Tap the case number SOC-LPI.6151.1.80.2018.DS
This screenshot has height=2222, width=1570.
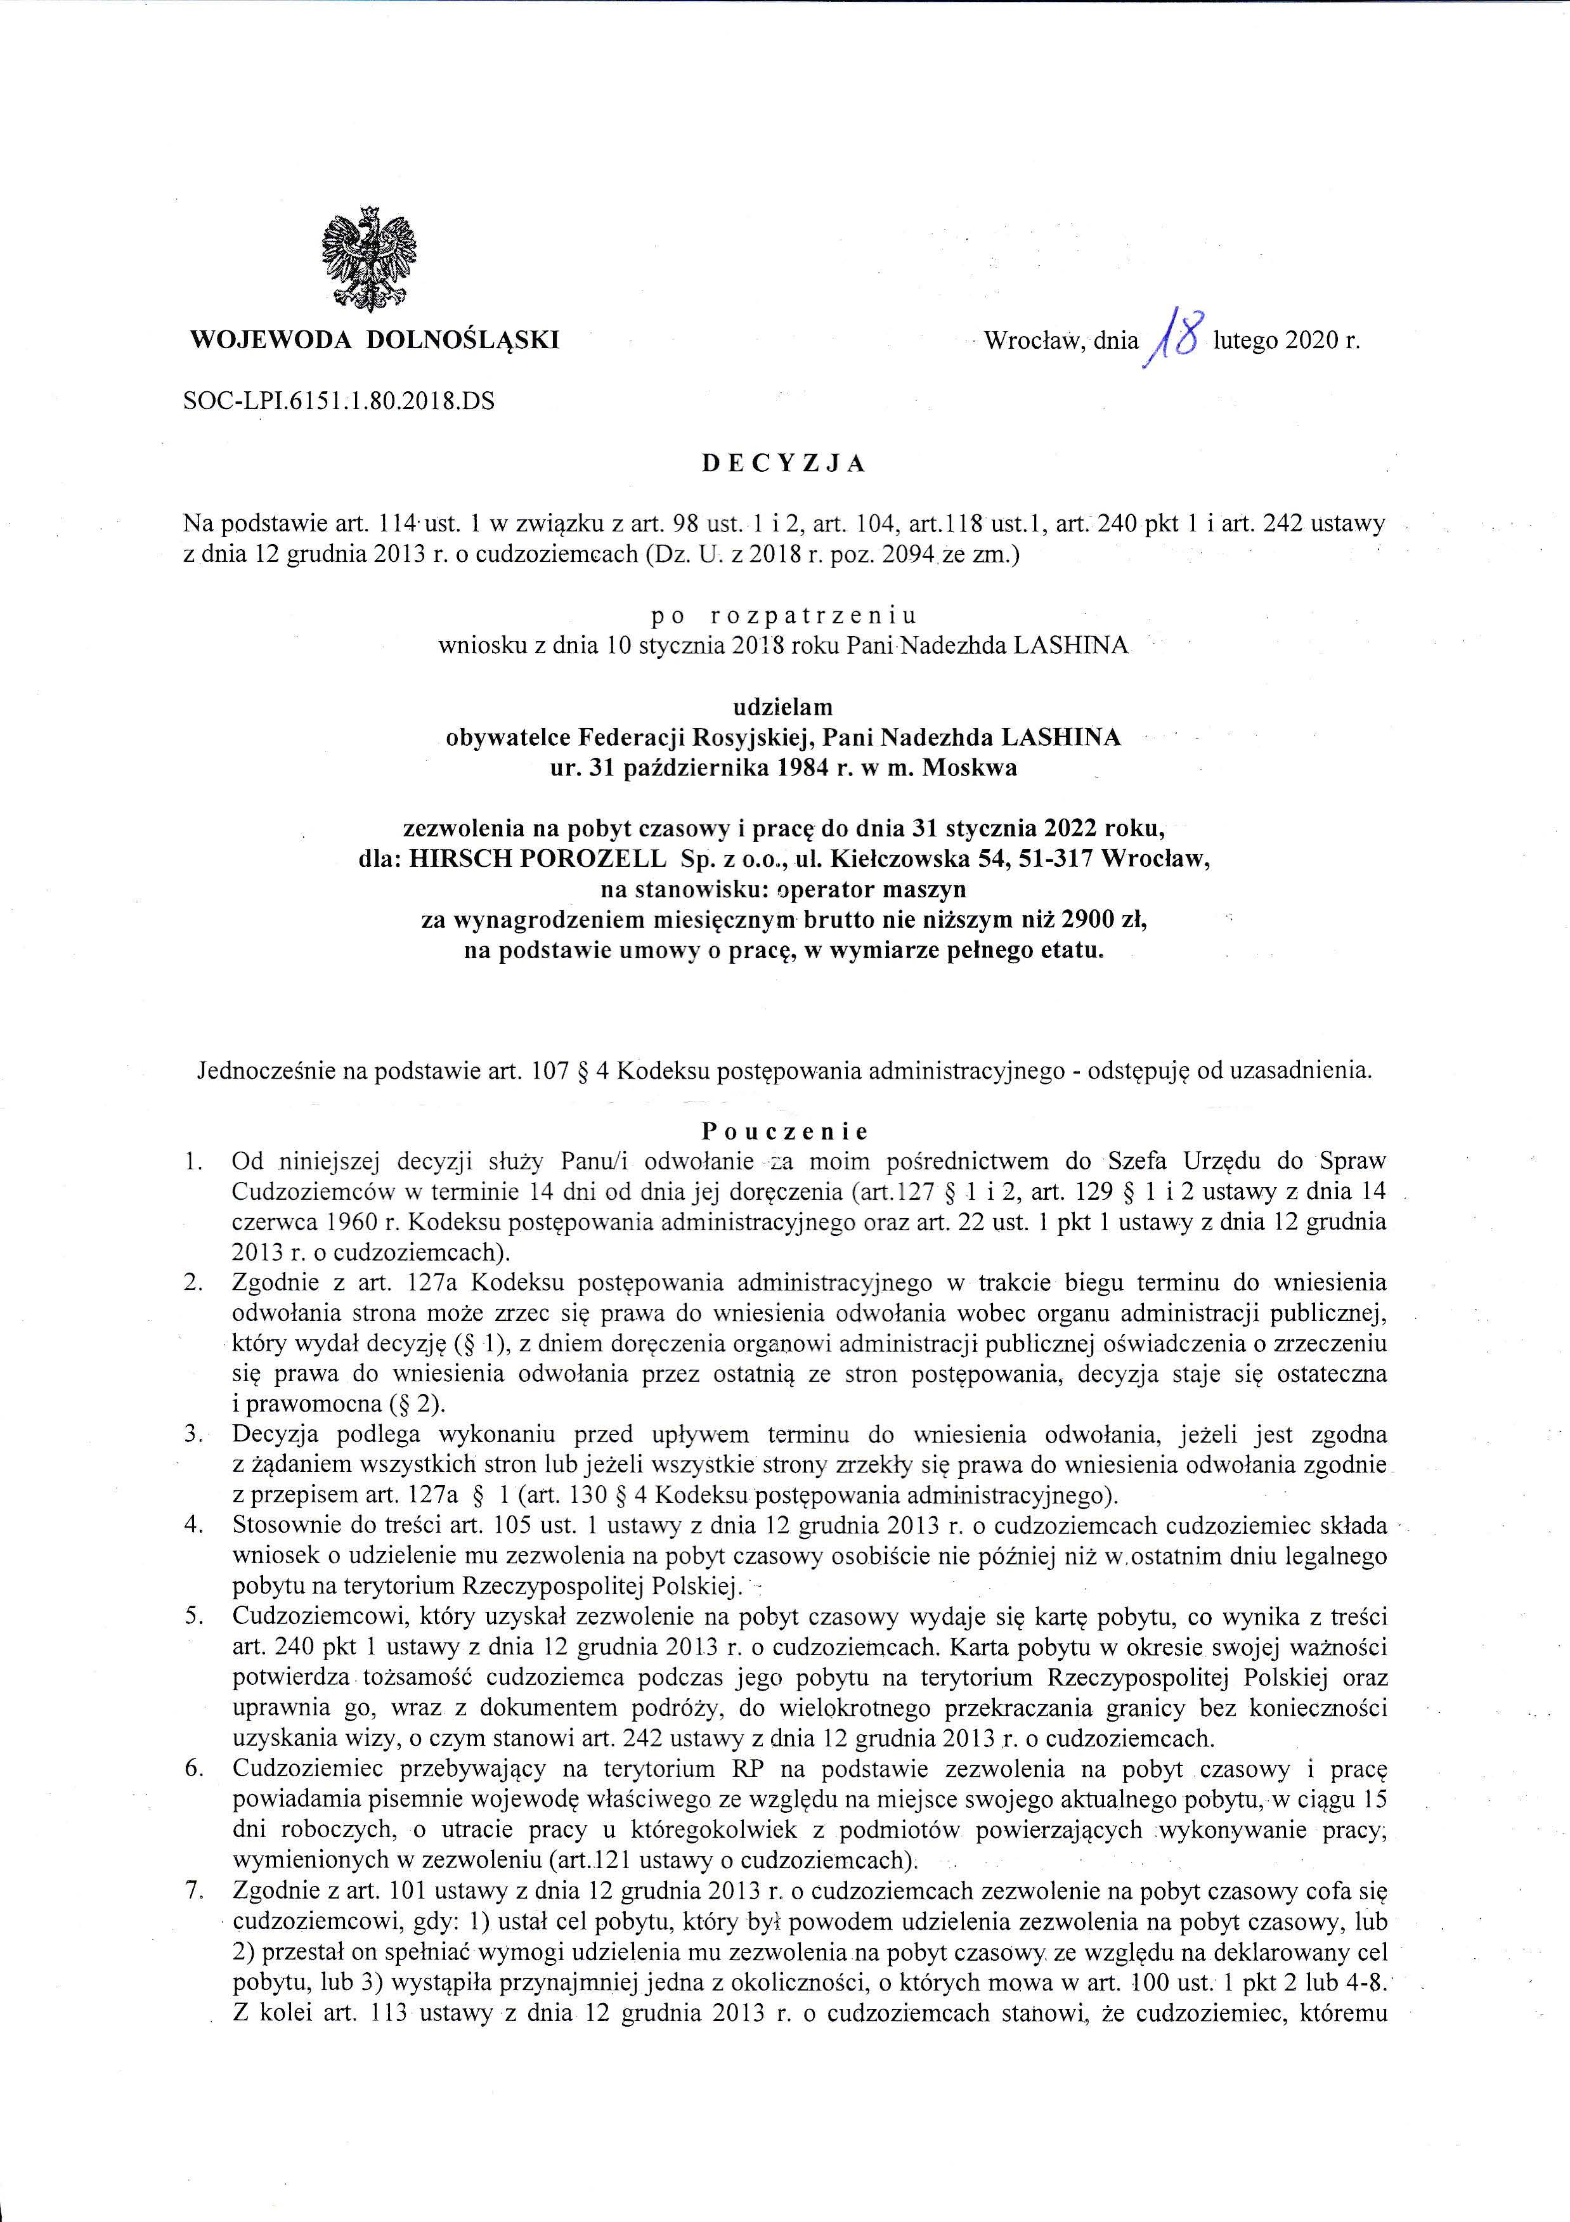pos(338,400)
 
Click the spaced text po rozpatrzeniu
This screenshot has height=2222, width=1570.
pos(784,616)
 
